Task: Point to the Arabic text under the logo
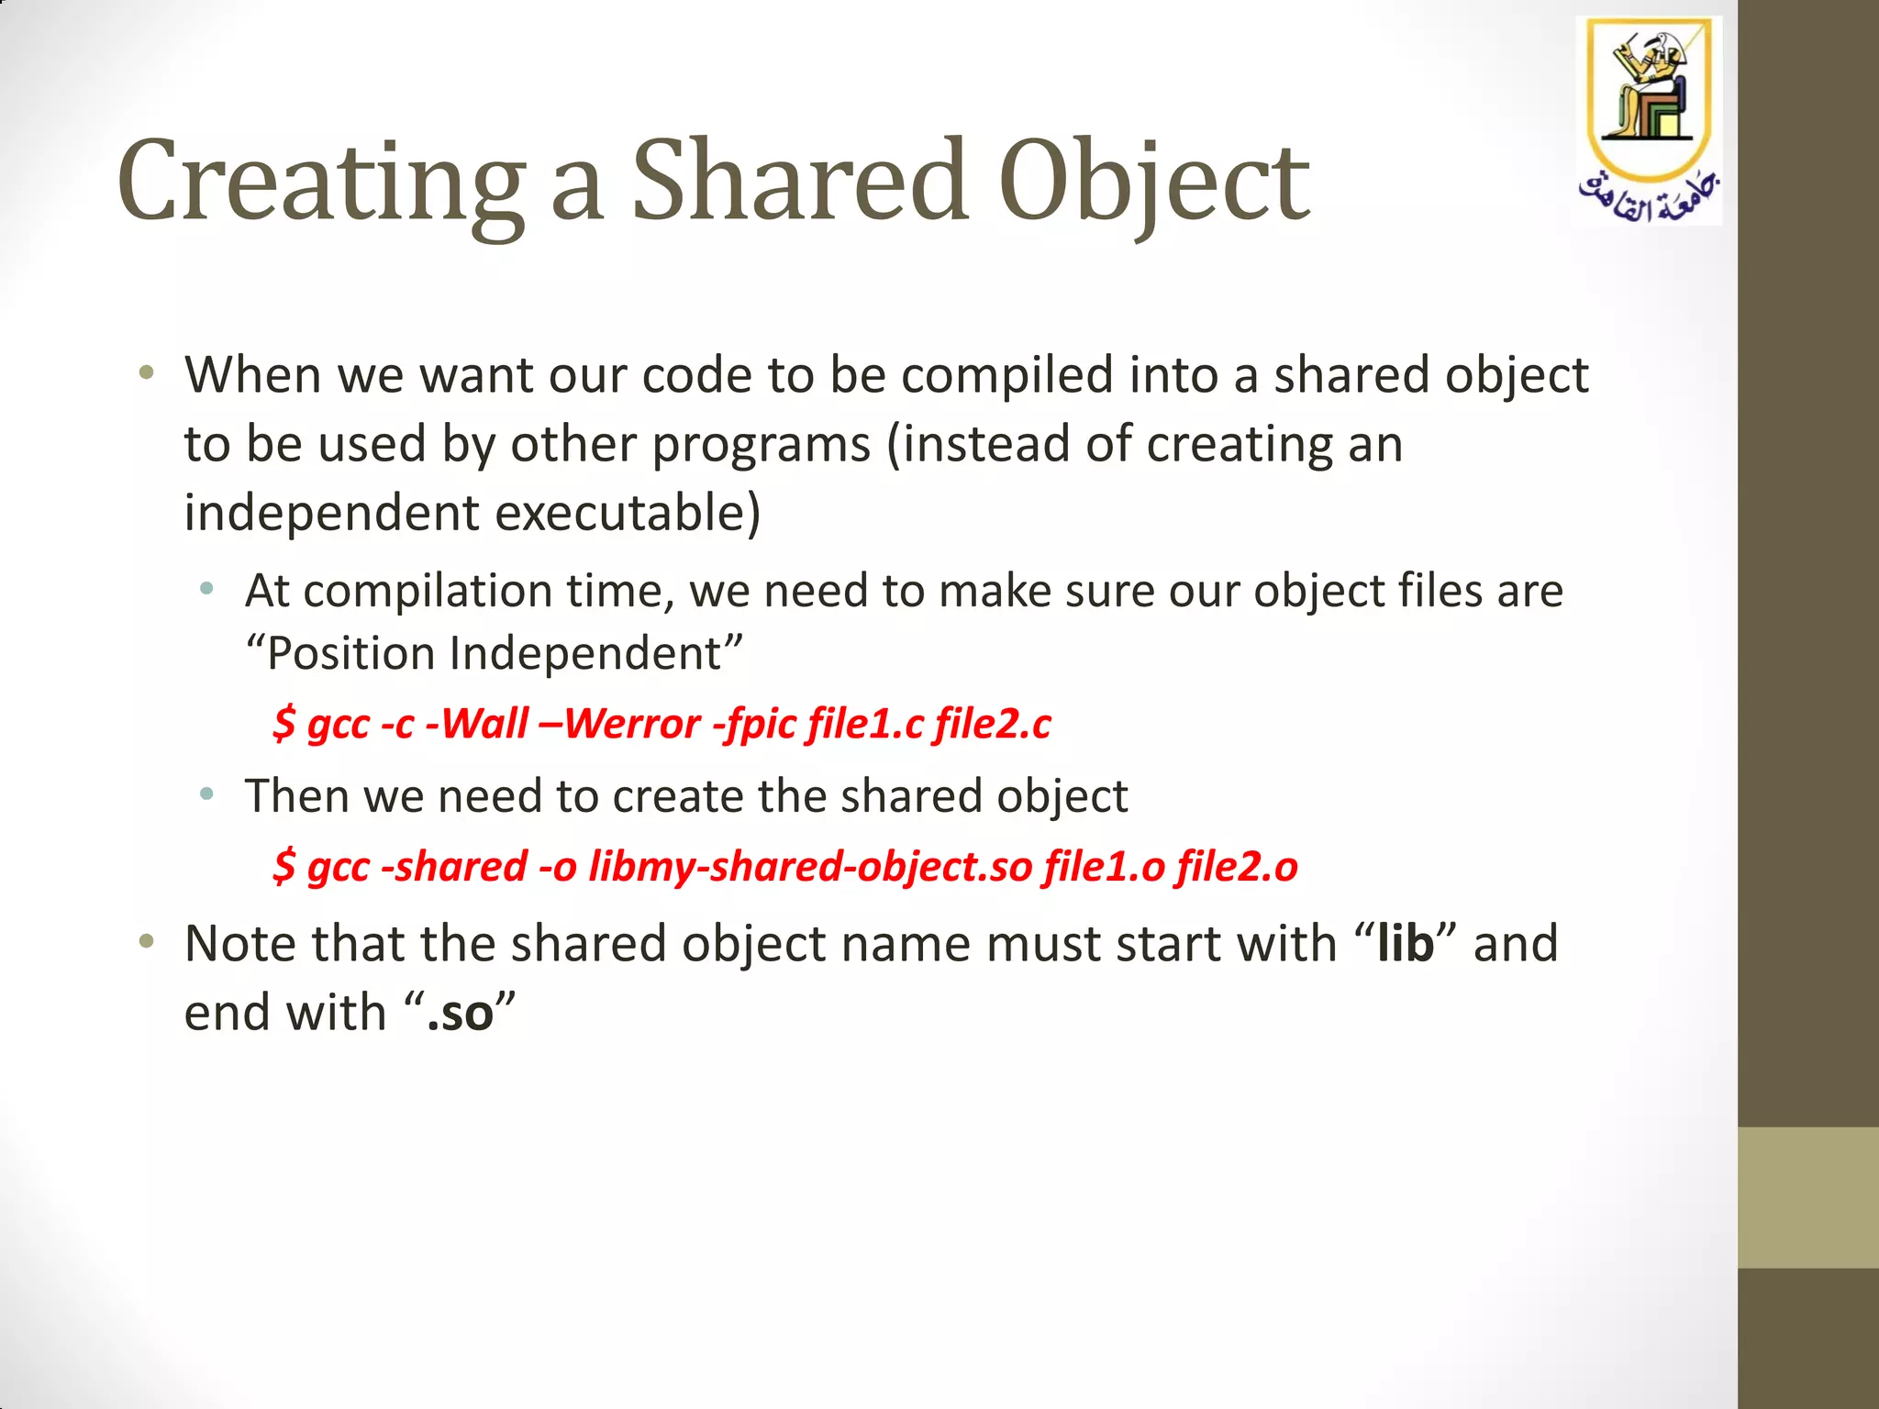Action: coord(1649,195)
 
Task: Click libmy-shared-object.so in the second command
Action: coord(810,866)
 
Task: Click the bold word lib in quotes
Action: coord(1405,943)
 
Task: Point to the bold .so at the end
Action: coord(460,1013)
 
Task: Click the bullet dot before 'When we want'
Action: coord(146,373)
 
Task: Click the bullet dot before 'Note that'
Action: coord(146,941)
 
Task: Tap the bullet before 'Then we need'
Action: coord(207,793)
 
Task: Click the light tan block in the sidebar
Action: coord(1807,1197)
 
